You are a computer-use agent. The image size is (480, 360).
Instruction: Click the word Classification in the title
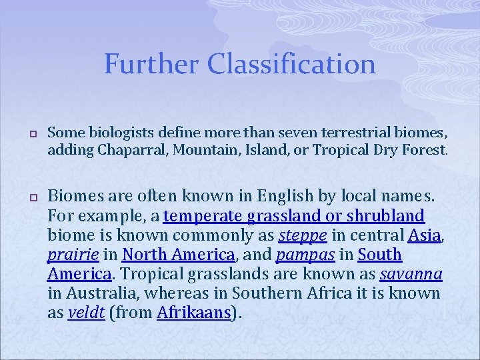[291, 65]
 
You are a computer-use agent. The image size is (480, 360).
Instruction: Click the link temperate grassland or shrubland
[294, 216]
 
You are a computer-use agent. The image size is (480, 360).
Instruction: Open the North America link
[178, 255]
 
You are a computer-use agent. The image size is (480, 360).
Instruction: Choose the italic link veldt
[86, 313]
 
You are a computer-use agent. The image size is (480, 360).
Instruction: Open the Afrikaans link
[194, 313]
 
